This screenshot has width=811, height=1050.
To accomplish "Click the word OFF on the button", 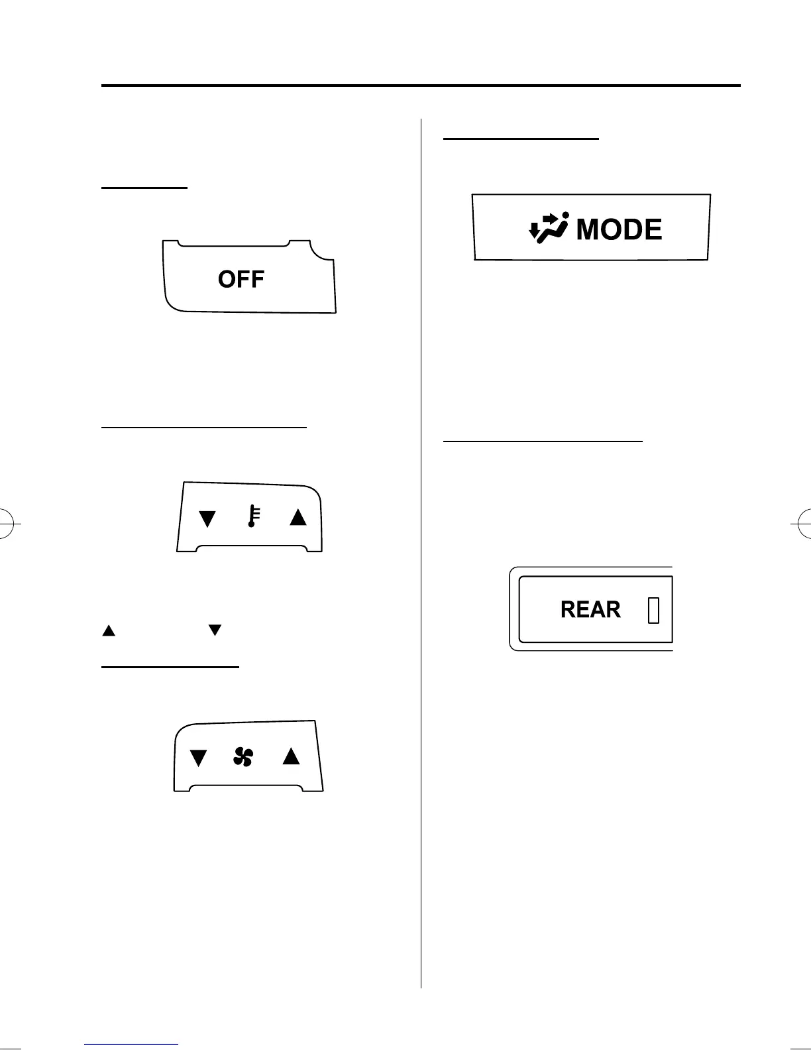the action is (241, 279).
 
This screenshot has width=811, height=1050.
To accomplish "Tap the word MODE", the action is (619, 230).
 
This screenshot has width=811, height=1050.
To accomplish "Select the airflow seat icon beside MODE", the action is (549, 229).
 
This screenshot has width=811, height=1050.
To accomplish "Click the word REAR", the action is (590, 610).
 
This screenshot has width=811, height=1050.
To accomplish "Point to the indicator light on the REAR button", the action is (653, 610).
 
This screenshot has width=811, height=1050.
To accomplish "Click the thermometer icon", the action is (253, 516).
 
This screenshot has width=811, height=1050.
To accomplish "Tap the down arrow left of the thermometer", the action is (207, 518).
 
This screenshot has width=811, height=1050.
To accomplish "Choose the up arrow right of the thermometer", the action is (298, 517).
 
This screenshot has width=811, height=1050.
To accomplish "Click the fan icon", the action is (243, 756).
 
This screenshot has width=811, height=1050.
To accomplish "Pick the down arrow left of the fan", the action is (198, 758).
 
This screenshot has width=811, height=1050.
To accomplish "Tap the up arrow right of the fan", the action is (291, 756).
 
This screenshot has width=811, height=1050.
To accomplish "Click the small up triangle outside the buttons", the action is (109, 630).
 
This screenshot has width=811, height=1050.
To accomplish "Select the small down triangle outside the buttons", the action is (214, 630).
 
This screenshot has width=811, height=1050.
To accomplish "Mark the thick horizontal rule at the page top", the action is (421, 86).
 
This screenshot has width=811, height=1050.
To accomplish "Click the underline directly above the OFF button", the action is (144, 188).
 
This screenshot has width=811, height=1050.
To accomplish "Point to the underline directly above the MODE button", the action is (520, 139).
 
